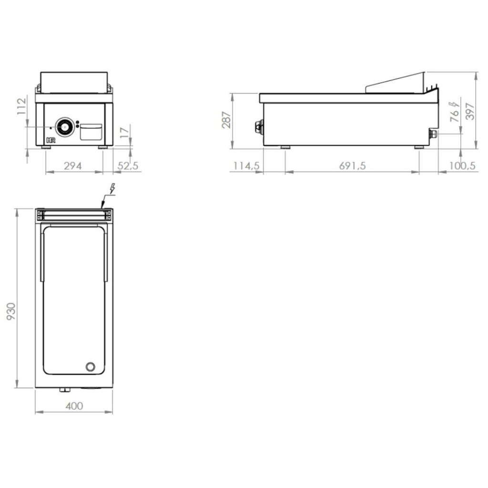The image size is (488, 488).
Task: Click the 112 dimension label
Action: (20, 108)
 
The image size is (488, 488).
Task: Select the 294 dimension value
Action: (73, 166)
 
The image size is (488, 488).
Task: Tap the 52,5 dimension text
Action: (128, 166)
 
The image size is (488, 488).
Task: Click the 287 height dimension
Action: (226, 121)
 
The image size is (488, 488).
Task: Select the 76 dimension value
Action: (456, 114)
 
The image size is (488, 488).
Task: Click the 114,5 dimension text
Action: (246, 166)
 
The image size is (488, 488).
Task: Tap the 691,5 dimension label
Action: (352, 166)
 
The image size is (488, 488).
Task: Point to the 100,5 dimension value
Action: (463, 166)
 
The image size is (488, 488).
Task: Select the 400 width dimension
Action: (74, 406)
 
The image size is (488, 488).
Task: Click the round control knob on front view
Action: (64, 127)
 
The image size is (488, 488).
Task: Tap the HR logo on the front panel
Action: (51, 140)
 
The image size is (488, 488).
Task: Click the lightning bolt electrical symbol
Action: (112, 189)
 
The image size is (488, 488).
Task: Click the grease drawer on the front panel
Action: (91, 132)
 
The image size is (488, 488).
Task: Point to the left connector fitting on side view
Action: (259, 127)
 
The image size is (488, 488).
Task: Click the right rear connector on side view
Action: (433, 134)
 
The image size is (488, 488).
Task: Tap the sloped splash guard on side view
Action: (396, 82)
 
